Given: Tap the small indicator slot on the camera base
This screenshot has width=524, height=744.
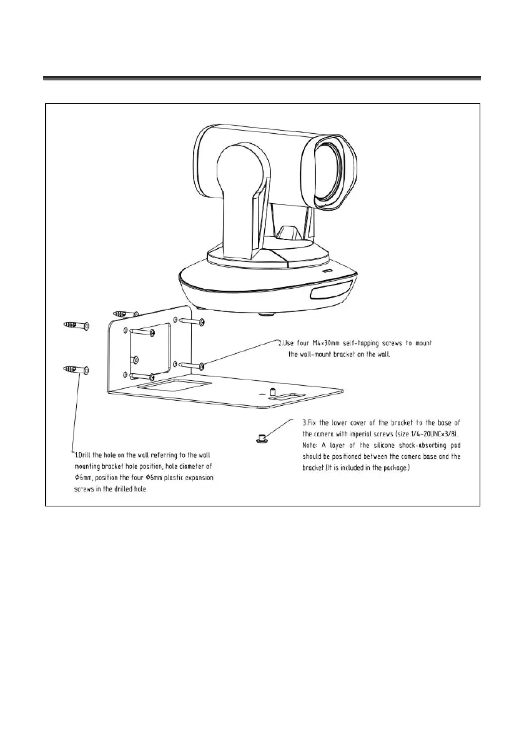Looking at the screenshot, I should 329,271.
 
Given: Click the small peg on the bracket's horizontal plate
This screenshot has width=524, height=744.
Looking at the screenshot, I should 272,392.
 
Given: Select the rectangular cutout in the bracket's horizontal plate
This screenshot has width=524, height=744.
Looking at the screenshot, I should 174,386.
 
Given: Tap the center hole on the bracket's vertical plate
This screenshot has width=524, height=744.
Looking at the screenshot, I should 134,359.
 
